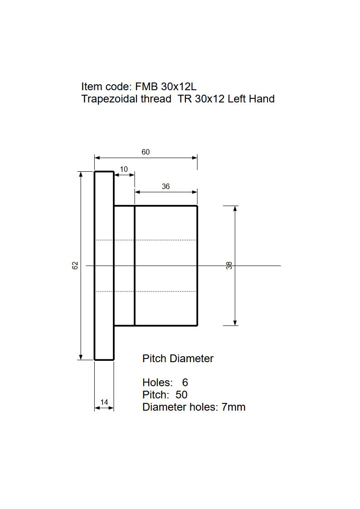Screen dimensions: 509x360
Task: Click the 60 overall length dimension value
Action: [x=145, y=152]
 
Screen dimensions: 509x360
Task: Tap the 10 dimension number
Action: [x=124, y=170]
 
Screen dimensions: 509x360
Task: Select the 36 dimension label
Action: [x=165, y=187]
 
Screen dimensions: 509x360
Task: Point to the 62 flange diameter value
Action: [x=75, y=266]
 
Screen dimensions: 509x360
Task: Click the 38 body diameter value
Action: [x=229, y=266]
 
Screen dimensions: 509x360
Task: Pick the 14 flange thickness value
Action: [x=104, y=402]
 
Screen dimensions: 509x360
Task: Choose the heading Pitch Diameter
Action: [x=178, y=359]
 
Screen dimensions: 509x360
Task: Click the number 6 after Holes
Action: [x=185, y=383]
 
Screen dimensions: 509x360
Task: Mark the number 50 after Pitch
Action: [x=181, y=395]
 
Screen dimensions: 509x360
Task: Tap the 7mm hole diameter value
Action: [x=234, y=407]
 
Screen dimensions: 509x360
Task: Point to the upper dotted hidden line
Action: [x=145, y=240]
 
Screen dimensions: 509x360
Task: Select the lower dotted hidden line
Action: [x=145, y=291]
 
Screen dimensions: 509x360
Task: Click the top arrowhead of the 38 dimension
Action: [x=235, y=208]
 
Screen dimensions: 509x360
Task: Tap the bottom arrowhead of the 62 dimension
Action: [x=81, y=357]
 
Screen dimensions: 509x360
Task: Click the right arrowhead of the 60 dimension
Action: [x=195, y=158]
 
